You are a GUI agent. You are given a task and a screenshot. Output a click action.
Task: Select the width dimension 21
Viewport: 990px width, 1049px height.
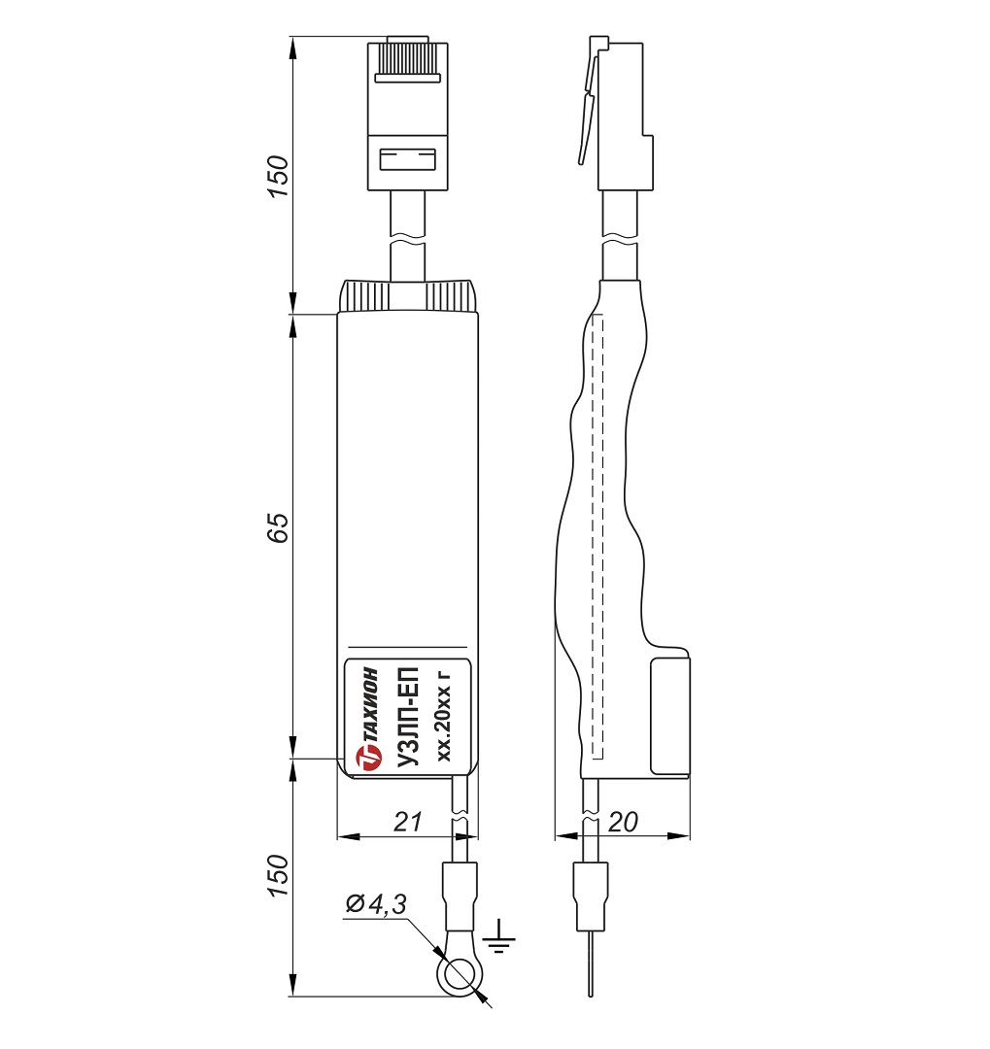pyautogui.click(x=407, y=823)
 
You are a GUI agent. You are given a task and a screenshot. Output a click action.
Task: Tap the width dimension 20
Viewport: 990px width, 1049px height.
pyautogui.click(x=622, y=823)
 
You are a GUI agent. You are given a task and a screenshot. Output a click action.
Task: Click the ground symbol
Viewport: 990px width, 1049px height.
pyautogui.click(x=500, y=935)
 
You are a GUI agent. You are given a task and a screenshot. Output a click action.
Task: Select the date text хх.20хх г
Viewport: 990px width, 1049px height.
pyautogui.click(x=446, y=715)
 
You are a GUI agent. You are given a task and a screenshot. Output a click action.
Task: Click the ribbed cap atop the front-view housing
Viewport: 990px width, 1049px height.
pyautogui.click(x=408, y=296)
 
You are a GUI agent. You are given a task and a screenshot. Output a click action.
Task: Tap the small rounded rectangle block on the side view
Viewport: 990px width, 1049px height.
pyautogui.click(x=669, y=714)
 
